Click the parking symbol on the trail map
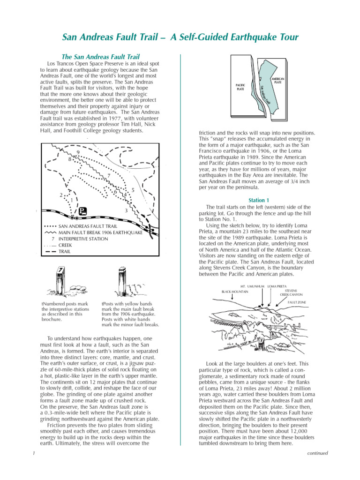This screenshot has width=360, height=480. click(x=82, y=211)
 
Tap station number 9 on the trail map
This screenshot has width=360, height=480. click(x=78, y=153)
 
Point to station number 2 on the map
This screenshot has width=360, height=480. click(x=61, y=195)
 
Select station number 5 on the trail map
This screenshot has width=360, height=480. click(x=134, y=190)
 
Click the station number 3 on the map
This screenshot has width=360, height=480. click(x=126, y=211)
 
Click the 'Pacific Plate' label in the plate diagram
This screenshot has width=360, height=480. click(x=240, y=87)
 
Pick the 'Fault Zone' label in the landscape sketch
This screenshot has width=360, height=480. click(x=296, y=303)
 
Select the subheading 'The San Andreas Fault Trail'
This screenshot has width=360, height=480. click(x=101, y=57)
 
